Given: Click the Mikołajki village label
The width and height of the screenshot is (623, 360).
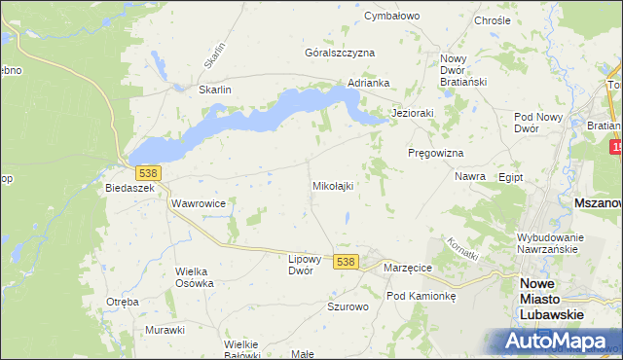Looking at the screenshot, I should pos(332,185).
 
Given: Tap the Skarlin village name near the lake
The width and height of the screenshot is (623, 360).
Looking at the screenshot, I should pos(214,90).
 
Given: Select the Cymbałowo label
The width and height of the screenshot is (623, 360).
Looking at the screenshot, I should pos(390,17).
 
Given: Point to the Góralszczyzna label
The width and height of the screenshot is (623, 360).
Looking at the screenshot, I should pos(340,53).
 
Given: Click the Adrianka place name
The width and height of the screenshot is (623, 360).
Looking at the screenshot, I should pos(369,83).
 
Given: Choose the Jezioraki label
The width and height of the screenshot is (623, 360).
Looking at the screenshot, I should pos(412,113).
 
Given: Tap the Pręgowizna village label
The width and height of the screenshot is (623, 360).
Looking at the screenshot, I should pos(434,154).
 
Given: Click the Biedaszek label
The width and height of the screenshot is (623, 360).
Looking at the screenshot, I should pos(130,189).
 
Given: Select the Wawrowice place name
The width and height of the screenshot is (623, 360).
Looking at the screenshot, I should pos(199,204).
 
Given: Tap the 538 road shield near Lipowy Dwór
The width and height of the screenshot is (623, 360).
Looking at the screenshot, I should pos(346,263).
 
